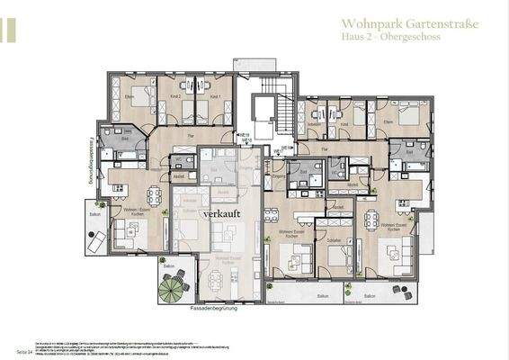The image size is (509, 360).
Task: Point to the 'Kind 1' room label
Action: (215, 96)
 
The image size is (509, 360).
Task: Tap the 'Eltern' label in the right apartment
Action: (388, 121)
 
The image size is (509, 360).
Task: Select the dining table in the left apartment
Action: (154, 196)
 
